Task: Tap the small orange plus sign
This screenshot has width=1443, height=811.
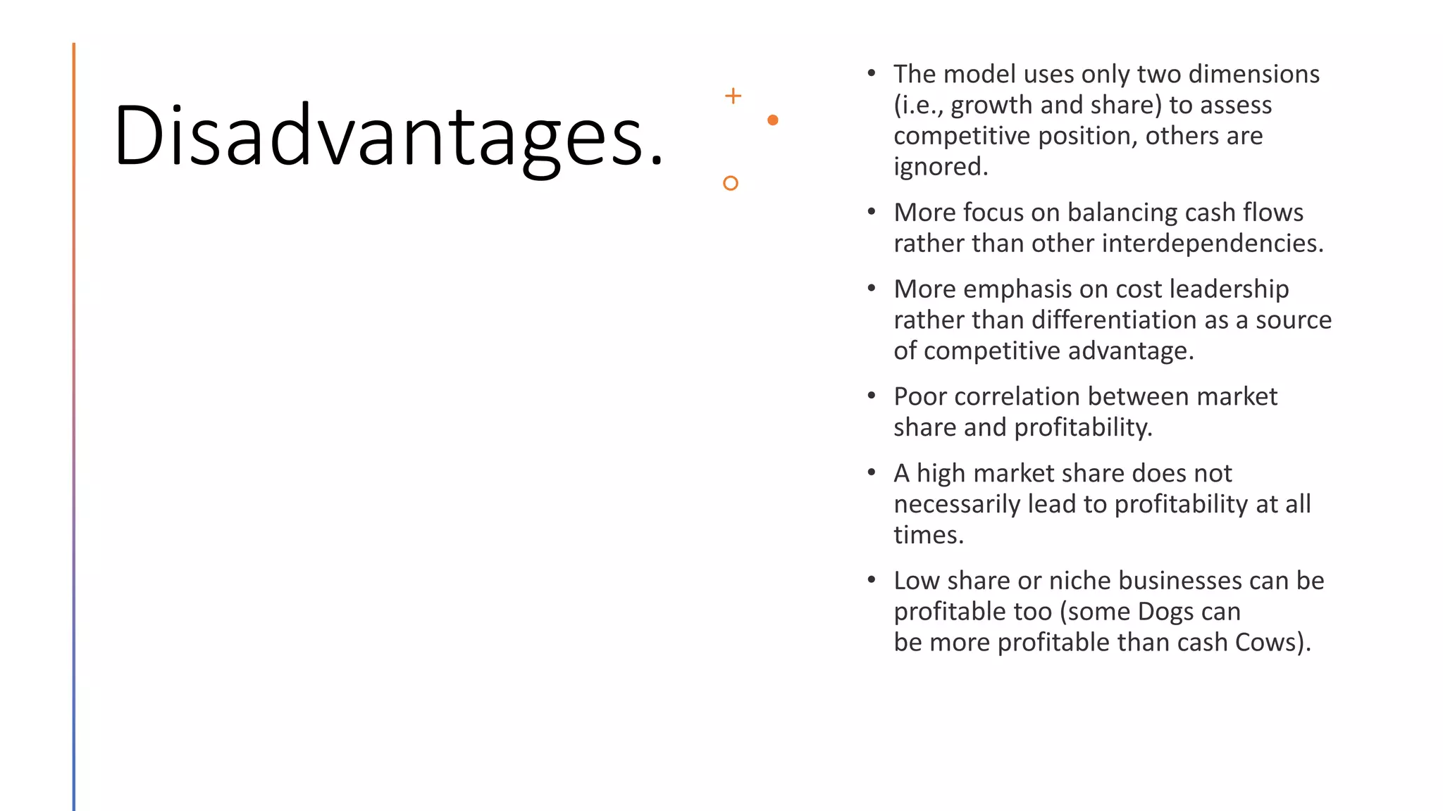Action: coord(733,96)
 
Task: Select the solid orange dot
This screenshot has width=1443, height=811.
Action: coord(772,120)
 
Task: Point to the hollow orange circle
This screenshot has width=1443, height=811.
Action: coord(731,183)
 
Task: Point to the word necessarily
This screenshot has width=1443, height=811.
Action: coord(956,504)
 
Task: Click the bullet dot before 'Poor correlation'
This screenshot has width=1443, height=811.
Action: coord(872,396)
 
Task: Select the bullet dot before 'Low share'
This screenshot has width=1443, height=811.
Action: coord(872,580)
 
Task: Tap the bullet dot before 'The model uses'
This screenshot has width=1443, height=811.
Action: coord(872,73)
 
